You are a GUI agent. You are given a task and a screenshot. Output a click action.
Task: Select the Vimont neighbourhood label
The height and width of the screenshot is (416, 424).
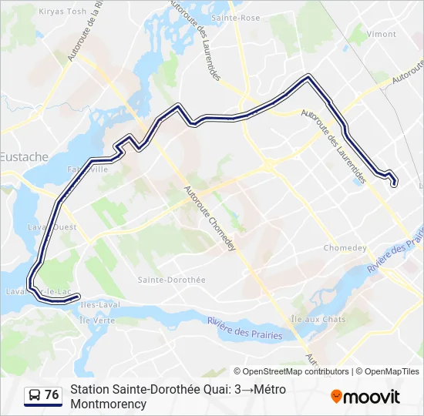(382, 35)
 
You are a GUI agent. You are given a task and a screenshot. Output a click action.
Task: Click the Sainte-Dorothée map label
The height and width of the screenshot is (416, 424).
(170, 280)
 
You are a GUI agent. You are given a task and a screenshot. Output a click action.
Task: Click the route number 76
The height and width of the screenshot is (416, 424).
(52, 395)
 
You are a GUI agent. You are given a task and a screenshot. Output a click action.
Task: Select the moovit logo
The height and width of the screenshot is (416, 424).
(365, 397)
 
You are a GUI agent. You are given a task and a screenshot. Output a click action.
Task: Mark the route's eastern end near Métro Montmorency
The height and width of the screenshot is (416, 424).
(395, 183)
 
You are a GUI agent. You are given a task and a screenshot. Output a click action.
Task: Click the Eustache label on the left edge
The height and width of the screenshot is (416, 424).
(24, 156)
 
